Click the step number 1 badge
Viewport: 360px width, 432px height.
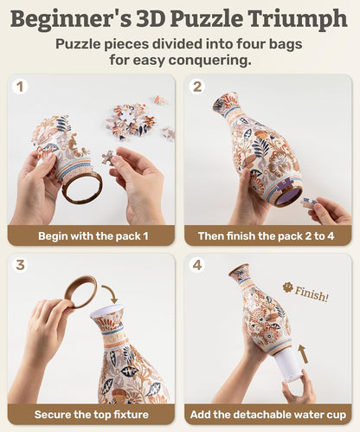coord(22,87)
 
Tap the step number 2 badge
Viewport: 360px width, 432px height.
coord(197,87)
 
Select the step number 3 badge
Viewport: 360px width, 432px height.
coord(22,266)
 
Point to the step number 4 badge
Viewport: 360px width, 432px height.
coord(197,266)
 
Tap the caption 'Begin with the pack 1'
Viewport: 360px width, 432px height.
coord(92,235)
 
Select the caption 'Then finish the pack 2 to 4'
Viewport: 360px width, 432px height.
coord(268,235)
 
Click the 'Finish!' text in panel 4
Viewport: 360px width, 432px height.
coord(312,296)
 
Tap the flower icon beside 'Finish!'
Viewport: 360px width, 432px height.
coord(288,287)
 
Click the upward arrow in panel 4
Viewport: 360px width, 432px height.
coord(303,351)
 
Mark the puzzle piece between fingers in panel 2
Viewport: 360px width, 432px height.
coord(309,202)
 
